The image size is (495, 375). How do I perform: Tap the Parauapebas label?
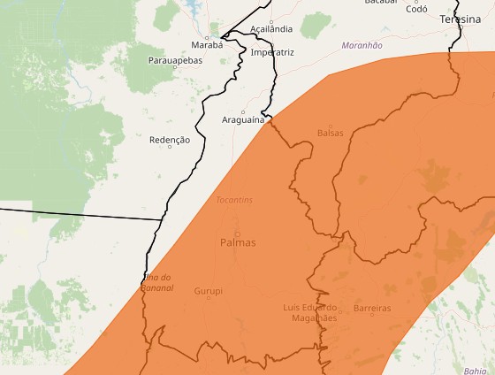pyautogui.click(x=175, y=60)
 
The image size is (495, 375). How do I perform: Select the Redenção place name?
pyautogui.click(x=170, y=140)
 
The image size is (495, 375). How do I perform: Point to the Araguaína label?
pyautogui.click(x=243, y=119)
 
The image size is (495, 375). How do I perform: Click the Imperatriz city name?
pyautogui.click(x=272, y=52)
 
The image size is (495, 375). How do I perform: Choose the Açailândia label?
pyautogui.click(x=271, y=29)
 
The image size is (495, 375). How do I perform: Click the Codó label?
pyautogui.click(x=416, y=8)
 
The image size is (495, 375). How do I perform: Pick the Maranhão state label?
pyautogui.click(x=362, y=45)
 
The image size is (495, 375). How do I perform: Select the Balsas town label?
pyautogui.click(x=331, y=133)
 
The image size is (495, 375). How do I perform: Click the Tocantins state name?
pyautogui.click(x=234, y=200)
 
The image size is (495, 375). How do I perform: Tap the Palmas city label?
pyautogui.click(x=238, y=242)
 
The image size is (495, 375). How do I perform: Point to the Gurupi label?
pyautogui.click(x=209, y=290)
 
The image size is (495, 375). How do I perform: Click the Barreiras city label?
pyautogui.click(x=371, y=308)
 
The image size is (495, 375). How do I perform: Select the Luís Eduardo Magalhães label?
pyautogui.click(x=310, y=312)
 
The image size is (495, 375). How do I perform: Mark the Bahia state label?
pyautogui.click(x=475, y=371)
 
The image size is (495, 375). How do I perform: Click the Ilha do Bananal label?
pyautogui.click(x=157, y=283)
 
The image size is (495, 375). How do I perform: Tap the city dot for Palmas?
pyautogui.click(x=237, y=233)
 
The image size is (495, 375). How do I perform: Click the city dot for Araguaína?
pyautogui.click(x=243, y=111)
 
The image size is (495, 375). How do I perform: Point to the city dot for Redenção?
pyautogui.click(x=170, y=147)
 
